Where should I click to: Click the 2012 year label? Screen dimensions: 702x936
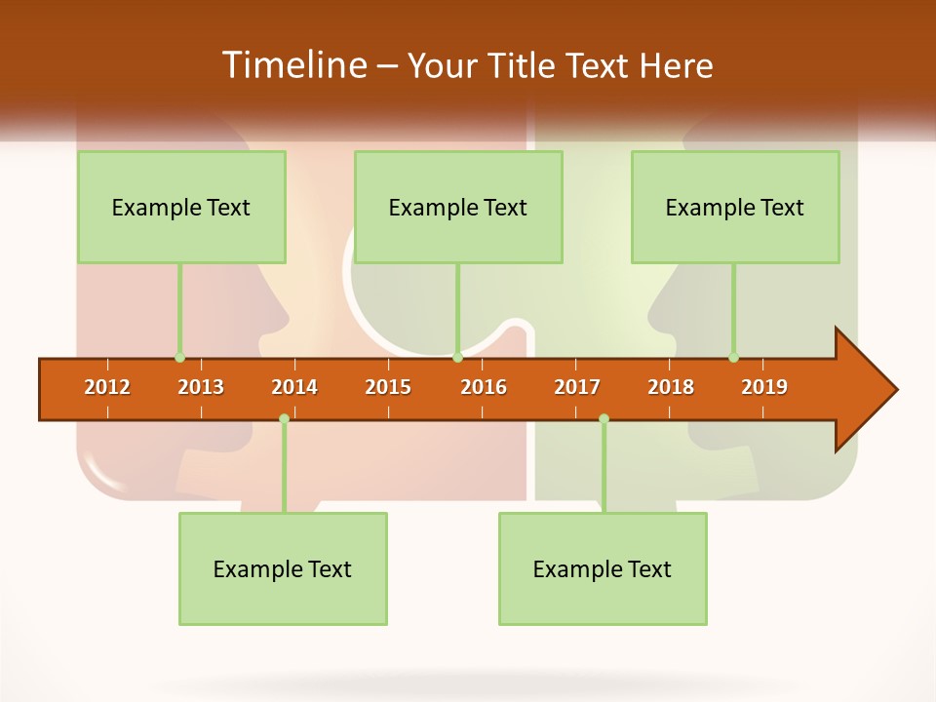(107, 387)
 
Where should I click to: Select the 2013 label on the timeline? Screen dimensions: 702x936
(201, 387)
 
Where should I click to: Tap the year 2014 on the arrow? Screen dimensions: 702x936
(294, 387)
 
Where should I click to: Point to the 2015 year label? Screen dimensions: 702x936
(388, 387)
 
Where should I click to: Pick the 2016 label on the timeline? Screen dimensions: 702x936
(484, 387)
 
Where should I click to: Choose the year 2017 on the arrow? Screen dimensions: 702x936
(577, 387)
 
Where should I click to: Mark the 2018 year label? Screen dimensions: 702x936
(671, 387)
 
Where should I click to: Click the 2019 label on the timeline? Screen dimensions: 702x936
(764, 387)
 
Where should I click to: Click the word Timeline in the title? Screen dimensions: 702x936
(292, 65)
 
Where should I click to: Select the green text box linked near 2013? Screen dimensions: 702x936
(181, 207)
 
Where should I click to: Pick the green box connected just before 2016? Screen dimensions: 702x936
(458, 207)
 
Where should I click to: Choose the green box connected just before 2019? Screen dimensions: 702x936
(735, 207)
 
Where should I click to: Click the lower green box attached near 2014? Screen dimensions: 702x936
(283, 568)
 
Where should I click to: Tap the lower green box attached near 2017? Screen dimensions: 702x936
(603, 568)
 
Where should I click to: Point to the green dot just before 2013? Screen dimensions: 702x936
(179, 357)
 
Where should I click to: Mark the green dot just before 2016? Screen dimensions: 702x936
(457, 358)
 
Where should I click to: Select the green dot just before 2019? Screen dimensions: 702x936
(733, 357)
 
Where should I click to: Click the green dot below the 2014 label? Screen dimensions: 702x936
(284, 419)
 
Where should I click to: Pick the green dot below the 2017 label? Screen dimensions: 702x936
(604, 419)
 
